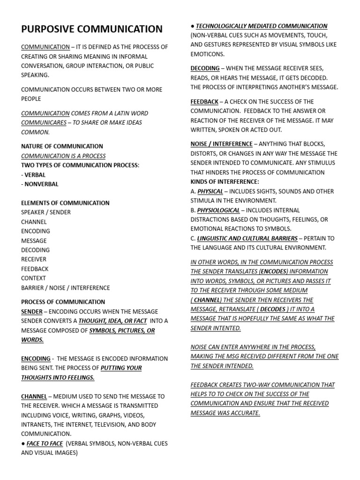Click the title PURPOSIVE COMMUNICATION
pyautogui.click(x=92, y=29)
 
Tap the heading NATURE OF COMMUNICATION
pyautogui.click(x=62, y=146)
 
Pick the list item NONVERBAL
pyautogui.click(x=41, y=184)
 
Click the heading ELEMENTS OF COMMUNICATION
pyautogui.click(x=65, y=203)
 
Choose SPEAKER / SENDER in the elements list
pyautogui.click(x=45, y=212)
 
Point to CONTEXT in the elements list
pyautogui.click(x=34, y=278)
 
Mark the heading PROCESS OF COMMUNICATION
pyautogui.click(x=63, y=302)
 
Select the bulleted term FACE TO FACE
pyautogui.click(x=45, y=443)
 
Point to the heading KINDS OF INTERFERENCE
pyautogui.click(x=225, y=182)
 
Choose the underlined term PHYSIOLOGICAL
pyautogui.click(x=218, y=210)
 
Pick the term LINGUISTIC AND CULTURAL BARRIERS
pyautogui.click(x=247, y=239)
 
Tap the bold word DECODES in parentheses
pyautogui.click(x=273, y=309)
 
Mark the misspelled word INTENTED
pyautogui.click(x=227, y=328)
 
